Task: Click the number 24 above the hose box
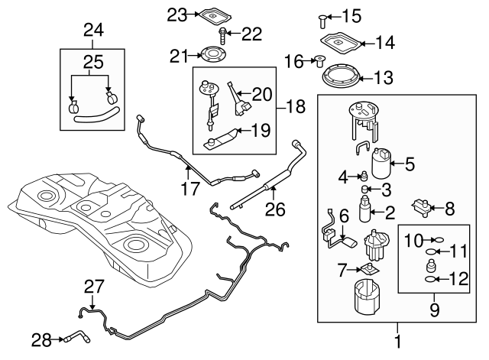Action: (x=92, y=31)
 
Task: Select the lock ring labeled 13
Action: (x=338, y=77)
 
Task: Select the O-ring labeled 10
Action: (x=432, y=238)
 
